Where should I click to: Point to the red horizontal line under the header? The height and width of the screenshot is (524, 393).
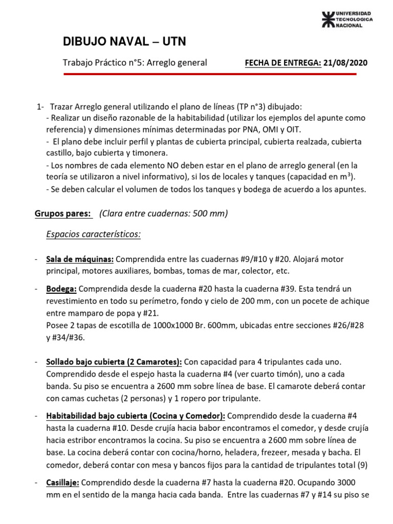209,75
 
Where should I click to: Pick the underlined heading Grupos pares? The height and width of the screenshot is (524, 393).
62,213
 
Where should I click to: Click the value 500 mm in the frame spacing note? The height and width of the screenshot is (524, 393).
207,213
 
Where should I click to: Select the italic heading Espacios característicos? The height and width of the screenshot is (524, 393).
93,234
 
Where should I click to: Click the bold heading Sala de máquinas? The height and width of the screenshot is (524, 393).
79,259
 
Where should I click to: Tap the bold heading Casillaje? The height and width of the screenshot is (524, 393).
63,483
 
